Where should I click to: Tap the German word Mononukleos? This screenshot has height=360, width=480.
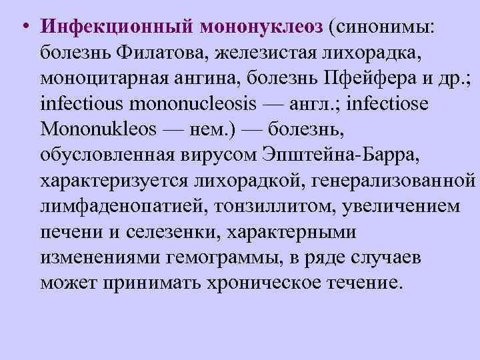pyautogui.click(x=99, y=130)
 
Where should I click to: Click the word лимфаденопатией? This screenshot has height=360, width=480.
pyautogui.click(x=124, y=206)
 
